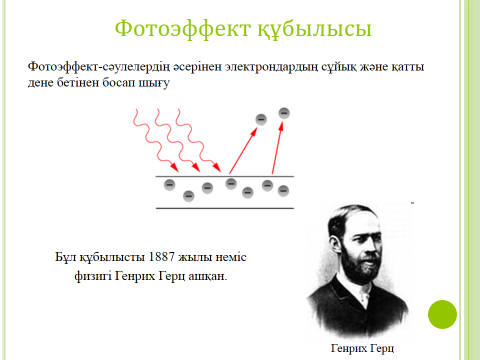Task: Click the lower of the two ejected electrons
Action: click(260, 121)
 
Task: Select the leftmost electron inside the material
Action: click(168, 186)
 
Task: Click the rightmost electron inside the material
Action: click(283, 184)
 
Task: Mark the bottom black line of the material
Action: click(223, 208)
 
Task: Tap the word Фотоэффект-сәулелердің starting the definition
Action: click(96, 67)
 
